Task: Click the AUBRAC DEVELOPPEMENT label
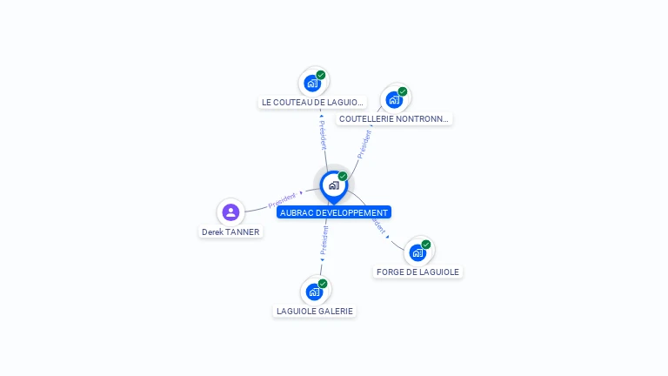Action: point(333,212)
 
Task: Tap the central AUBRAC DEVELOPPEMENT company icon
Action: point(333,185)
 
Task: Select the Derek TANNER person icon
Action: point(230,211)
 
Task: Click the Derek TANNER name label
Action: point(230,232)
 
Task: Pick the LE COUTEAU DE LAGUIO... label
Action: point(312,102)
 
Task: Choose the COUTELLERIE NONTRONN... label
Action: point(394,118)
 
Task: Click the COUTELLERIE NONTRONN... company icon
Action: point(394,99)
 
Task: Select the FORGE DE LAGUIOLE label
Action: point(417,272)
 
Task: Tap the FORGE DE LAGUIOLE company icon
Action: point(417,252)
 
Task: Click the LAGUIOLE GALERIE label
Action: point(315,311)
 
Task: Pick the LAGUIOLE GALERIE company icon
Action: point(314,292)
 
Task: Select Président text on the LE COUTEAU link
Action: point(322,136)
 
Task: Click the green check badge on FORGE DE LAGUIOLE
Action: point(426,245)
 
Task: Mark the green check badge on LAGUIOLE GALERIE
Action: point(323,284)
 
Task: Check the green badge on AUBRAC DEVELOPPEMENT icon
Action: point(343,177)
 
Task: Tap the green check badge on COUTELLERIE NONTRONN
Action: point(403,91)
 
